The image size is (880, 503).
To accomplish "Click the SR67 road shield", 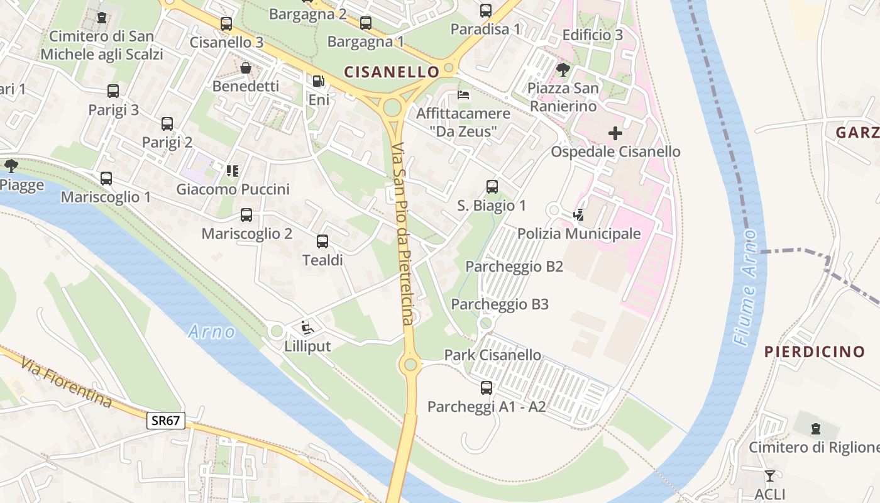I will (166, 421).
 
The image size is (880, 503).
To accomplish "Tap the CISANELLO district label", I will (391, 72).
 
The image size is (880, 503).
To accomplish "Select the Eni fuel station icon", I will (319, 81).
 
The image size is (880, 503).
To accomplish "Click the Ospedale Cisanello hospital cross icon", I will (615, 133).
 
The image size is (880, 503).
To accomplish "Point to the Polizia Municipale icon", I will (578, 215).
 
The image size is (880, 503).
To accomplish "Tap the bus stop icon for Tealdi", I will (322, 241).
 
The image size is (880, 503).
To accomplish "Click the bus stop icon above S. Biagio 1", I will (492, 187).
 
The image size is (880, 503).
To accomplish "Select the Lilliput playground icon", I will (307, 327).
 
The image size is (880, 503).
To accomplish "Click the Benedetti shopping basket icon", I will (246, 67).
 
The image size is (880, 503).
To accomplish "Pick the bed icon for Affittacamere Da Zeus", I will (463, 95).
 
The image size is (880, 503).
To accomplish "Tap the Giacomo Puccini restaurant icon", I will (233, 170).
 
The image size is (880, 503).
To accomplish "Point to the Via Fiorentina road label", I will (66, 382).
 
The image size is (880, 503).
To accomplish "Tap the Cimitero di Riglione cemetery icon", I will (816, 429).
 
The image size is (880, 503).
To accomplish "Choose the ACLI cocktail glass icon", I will (770, 475).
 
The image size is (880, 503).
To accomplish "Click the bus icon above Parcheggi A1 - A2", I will (487, 388).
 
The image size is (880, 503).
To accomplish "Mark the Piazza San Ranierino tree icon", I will (563, 69).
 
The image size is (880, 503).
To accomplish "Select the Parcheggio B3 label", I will (500, 304).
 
